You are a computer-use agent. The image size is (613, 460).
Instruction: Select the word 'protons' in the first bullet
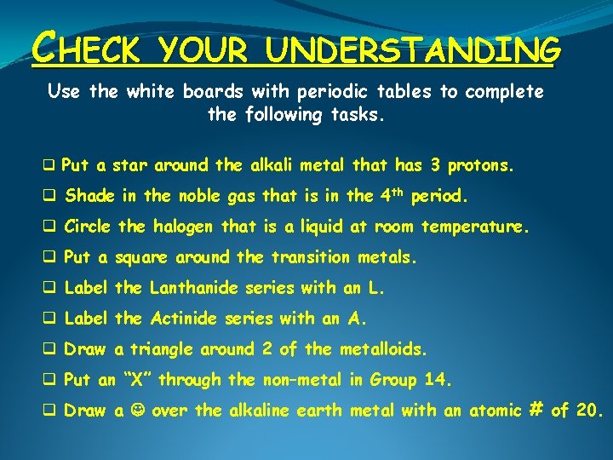(x=480, y=165)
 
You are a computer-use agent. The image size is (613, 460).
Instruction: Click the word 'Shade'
(x=91, y=196)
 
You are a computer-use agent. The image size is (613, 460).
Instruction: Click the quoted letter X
(x=135, y=380)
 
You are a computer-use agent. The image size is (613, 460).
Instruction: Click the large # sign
(x=536, y=410)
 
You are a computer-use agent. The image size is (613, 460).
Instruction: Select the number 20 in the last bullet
(x=588, y=411)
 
